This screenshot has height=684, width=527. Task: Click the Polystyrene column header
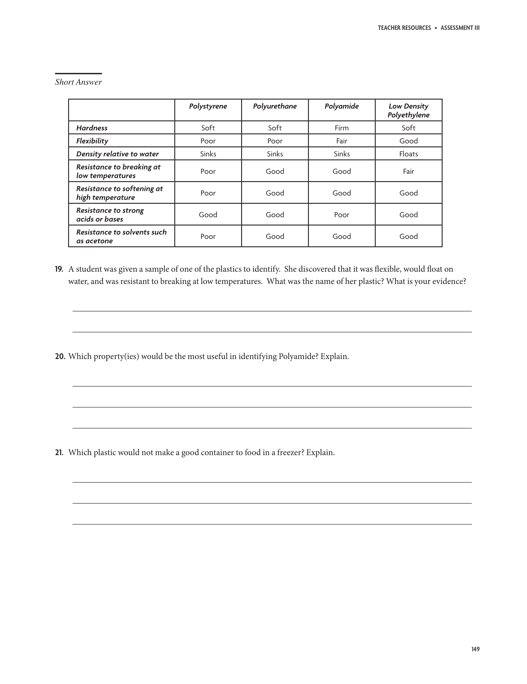coord(208,106)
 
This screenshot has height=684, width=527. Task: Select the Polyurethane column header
coord(275,106)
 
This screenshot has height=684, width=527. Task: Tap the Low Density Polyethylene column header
coord(408,110)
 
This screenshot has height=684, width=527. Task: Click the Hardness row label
coord(92,128)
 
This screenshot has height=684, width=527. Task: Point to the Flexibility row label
coord(92,141)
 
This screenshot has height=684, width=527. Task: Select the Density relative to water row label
coord(117,154)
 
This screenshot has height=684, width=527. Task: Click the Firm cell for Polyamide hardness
coord(342,128)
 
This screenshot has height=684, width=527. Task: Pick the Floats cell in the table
coord(408,154)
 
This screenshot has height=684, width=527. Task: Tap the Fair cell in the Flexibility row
coord(342,141)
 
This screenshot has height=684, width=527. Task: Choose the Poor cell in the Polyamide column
coord(342,214)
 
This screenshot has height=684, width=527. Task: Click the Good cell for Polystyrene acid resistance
coord(208,214)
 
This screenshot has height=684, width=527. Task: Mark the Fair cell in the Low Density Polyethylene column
coord(408,171)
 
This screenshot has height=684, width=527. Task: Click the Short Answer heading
coord(78,82)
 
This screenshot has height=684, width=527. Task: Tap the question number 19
coord(59,269)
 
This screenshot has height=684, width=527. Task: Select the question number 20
coord(60,356)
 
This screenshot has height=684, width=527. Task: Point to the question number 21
coord(59,453)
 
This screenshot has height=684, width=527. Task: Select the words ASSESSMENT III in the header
coord(460,28)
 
